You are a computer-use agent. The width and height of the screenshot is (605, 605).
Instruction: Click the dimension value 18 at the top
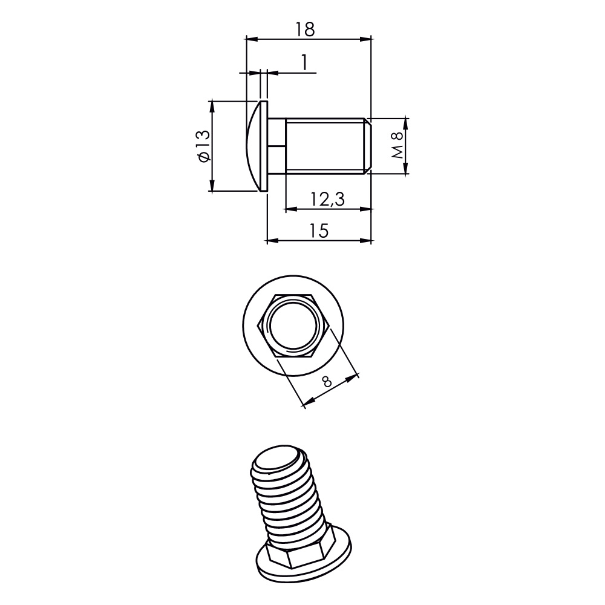(306, 28)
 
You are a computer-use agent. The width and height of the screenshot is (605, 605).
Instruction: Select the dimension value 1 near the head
(304, 62)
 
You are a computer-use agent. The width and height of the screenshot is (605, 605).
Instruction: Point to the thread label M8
(397, 146)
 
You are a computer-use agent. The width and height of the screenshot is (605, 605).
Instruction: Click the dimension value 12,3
(327, 198)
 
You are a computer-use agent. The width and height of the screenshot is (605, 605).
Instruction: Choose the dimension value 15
(319, 231)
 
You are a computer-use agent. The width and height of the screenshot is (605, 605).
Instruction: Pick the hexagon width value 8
(327, 381)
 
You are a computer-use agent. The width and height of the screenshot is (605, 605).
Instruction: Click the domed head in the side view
(255, 146)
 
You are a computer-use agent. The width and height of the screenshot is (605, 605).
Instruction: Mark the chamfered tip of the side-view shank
(367, 146)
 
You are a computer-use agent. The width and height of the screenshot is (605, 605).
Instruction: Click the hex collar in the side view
(276, 146)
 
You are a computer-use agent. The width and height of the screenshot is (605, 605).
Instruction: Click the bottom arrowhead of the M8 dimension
(406, 170)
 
